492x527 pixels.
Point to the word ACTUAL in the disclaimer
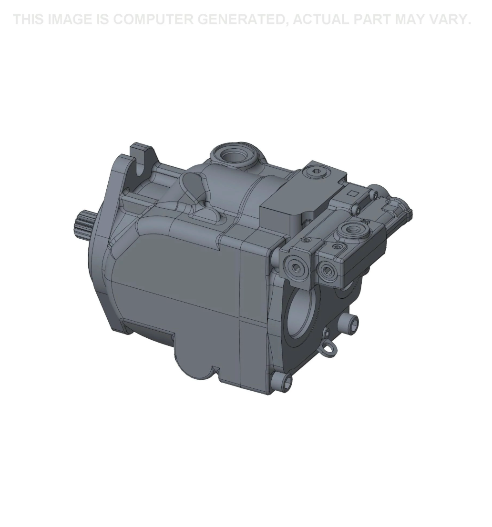click(320, 20)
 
